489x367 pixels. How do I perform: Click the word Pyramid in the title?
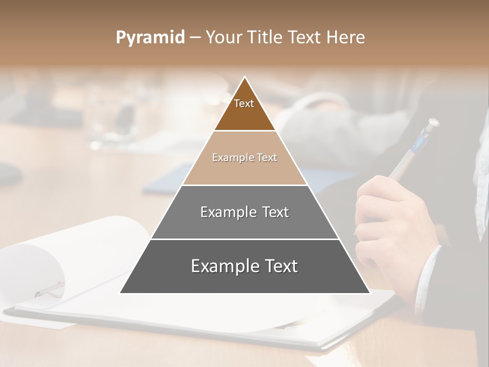(x=150, y=38)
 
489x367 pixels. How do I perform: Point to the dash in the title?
(x=195, y=38)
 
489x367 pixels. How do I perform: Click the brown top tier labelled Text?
(x=244, y=110)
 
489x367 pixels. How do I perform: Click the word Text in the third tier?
(x=274, y=212)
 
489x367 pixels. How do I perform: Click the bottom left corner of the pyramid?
(x=121, y=293)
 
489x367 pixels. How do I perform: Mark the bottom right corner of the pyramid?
(x=369, y=293)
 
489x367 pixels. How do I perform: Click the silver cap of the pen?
(x=432, y=123)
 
